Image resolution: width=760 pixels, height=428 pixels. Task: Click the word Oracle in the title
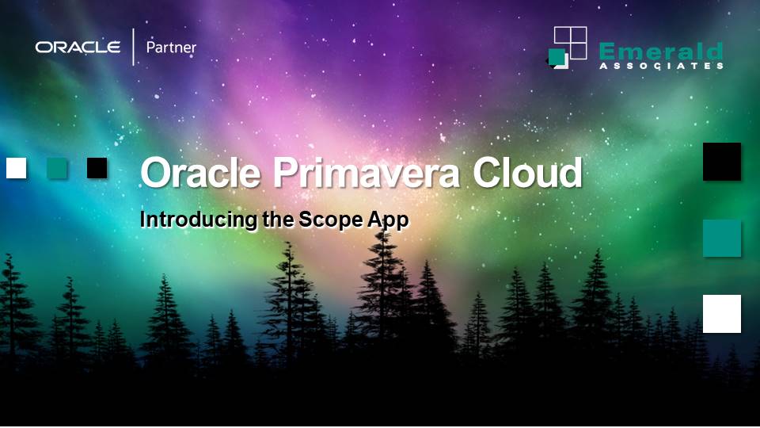(200, 173)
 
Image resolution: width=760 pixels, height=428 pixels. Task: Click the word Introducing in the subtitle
(199, 220)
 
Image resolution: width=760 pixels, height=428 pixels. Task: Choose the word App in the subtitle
(388, 220)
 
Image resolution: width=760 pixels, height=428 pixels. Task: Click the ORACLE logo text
(78, 48)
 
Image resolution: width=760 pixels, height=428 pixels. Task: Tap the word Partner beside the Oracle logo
(171, 48)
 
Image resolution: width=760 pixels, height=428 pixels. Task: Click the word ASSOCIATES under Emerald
(660, 66)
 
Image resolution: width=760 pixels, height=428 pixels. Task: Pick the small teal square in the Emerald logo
(557, 57)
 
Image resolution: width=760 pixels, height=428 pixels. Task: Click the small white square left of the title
(17, 168)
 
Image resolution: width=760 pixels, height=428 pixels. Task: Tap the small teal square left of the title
(57, 168)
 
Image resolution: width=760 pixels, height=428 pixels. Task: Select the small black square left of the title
(97, 168)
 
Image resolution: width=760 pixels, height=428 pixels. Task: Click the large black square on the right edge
(722, 162)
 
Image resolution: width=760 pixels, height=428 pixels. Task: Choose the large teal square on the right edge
(722, 239)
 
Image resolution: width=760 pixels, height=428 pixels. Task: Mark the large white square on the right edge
(722, 314)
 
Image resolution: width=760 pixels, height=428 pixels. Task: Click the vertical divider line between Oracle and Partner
(133, 48)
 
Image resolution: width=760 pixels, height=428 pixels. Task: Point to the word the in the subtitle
(278, 220)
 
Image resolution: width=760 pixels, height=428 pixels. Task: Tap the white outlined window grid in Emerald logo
(571, 42)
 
